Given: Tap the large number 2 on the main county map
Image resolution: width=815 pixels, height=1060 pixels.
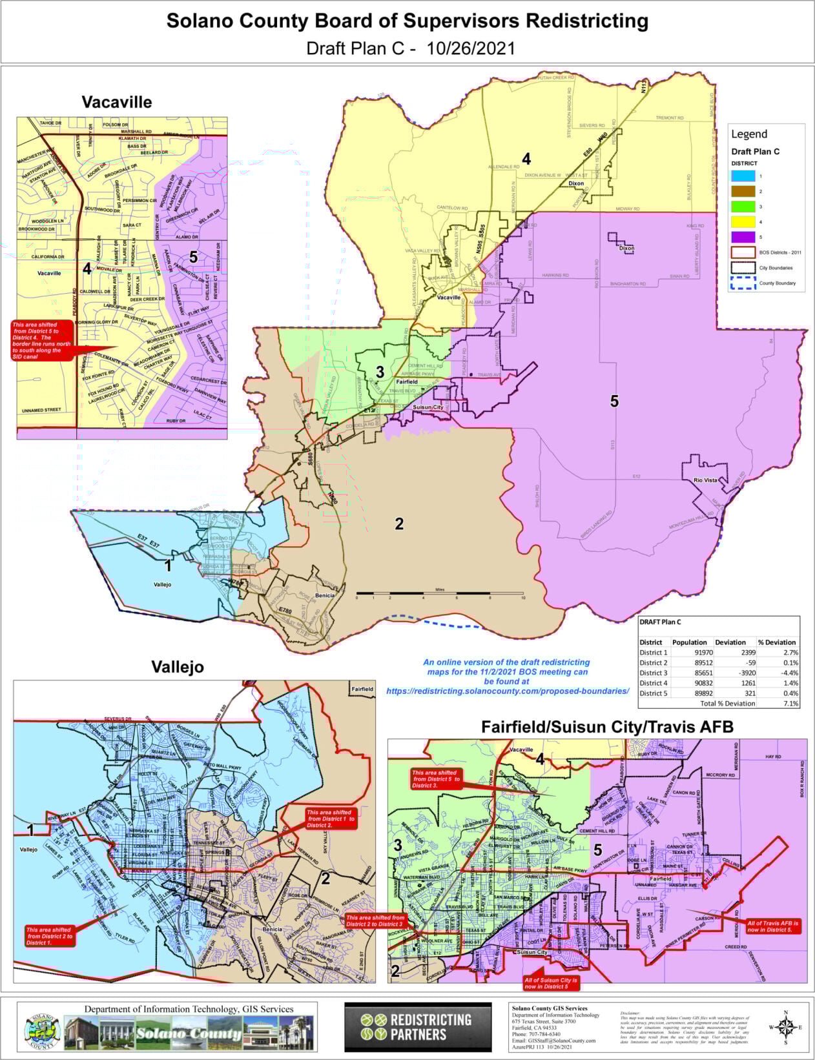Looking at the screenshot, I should click(x=399, y=524).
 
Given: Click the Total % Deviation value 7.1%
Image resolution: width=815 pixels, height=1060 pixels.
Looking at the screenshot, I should click(x=790, y=704).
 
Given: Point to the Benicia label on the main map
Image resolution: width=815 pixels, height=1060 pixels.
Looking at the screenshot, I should click(x=324, y=595).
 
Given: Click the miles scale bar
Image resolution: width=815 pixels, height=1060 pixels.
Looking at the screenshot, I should click(x=439, y=593).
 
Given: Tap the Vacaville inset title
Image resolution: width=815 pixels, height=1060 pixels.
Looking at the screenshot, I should click(x=117, y=102).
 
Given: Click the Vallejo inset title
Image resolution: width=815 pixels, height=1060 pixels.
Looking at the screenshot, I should click(x=178, y=667).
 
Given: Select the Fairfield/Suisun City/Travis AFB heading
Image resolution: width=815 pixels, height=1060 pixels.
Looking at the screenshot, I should click(x=607, y=727).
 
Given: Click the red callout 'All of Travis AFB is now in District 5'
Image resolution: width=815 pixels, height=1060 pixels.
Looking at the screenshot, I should click(x=774, y=926).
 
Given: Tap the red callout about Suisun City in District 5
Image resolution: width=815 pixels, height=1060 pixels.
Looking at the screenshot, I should click(x=551, y=983).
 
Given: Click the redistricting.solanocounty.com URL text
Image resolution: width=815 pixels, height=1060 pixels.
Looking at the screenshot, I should click(x=508, y=691).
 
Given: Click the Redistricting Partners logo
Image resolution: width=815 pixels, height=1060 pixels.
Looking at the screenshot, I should click(x=417, y=1027).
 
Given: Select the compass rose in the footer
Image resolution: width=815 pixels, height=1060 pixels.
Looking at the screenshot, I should click(x=785, y=1026).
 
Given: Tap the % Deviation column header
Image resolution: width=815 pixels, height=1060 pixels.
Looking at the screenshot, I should click(x=777, y=642).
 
